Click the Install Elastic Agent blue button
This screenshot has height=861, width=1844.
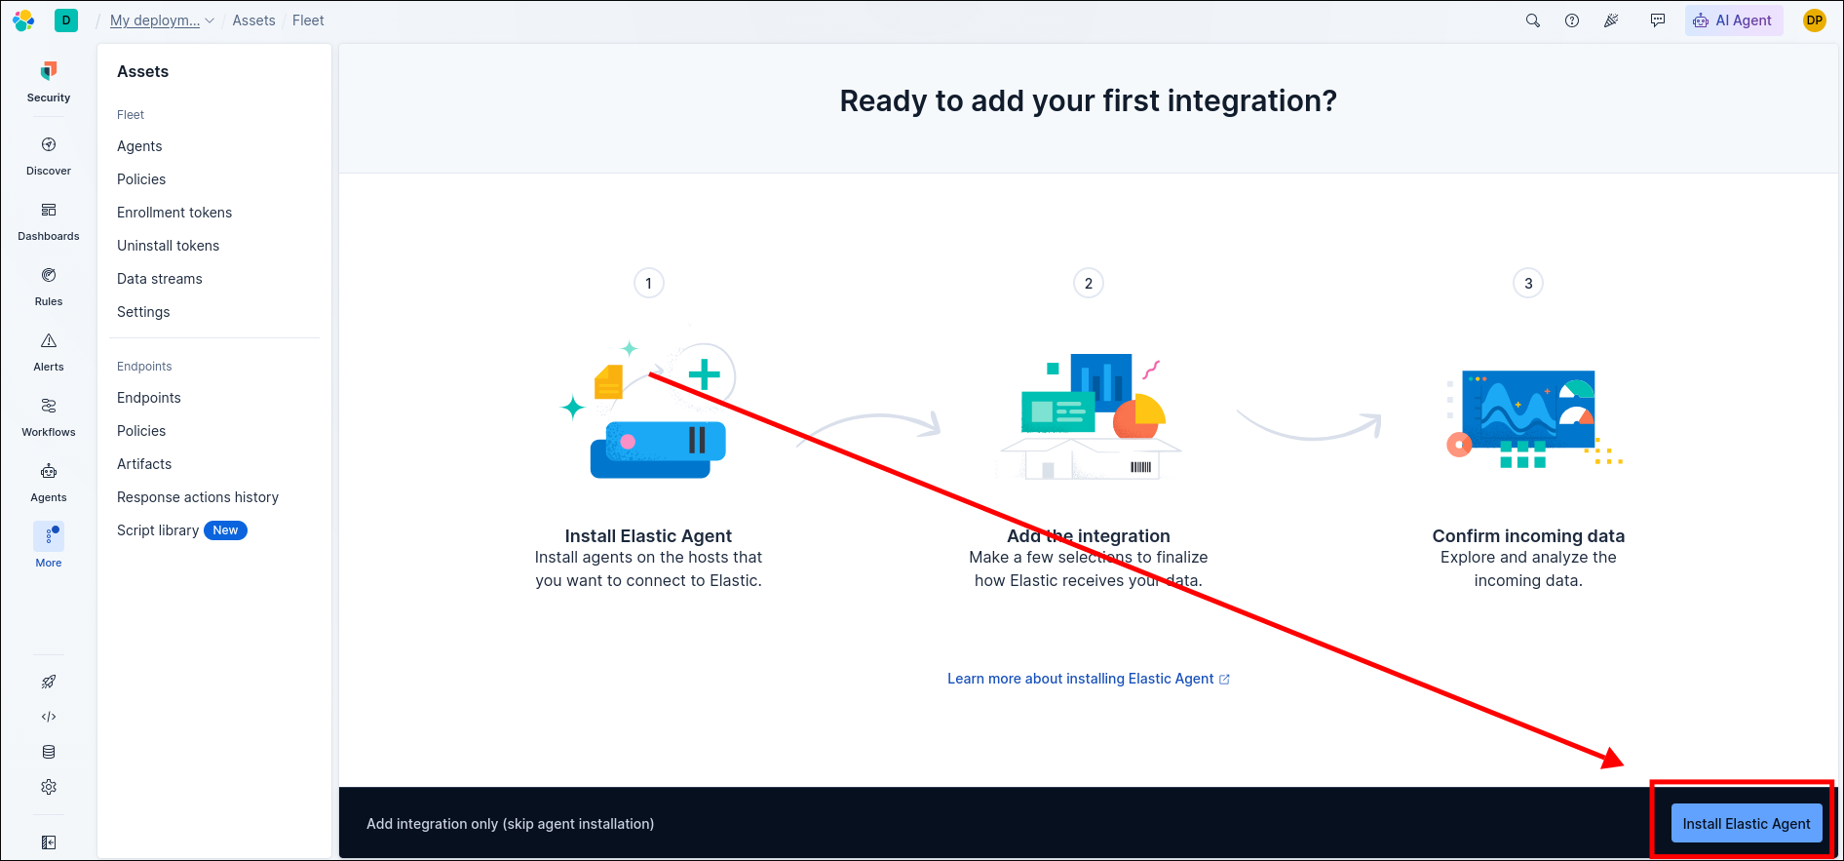1746,824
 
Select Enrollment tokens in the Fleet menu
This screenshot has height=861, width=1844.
174,213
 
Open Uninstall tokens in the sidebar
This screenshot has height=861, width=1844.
168,246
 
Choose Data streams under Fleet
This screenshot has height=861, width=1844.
160,279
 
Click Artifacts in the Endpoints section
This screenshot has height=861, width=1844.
144,464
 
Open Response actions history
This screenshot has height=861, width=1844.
198,497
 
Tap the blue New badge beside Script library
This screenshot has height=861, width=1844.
225,530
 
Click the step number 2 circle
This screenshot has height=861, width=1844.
1089,284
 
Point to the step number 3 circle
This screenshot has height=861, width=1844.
1528,284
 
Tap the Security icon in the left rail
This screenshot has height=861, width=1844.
49,70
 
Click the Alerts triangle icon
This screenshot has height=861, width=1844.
49,340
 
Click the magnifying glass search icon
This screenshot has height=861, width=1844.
1533,20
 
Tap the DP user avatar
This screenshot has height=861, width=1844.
1815,20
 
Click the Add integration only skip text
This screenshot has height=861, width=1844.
510,824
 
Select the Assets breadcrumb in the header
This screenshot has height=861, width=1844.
253,20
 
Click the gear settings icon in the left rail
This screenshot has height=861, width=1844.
49,787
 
